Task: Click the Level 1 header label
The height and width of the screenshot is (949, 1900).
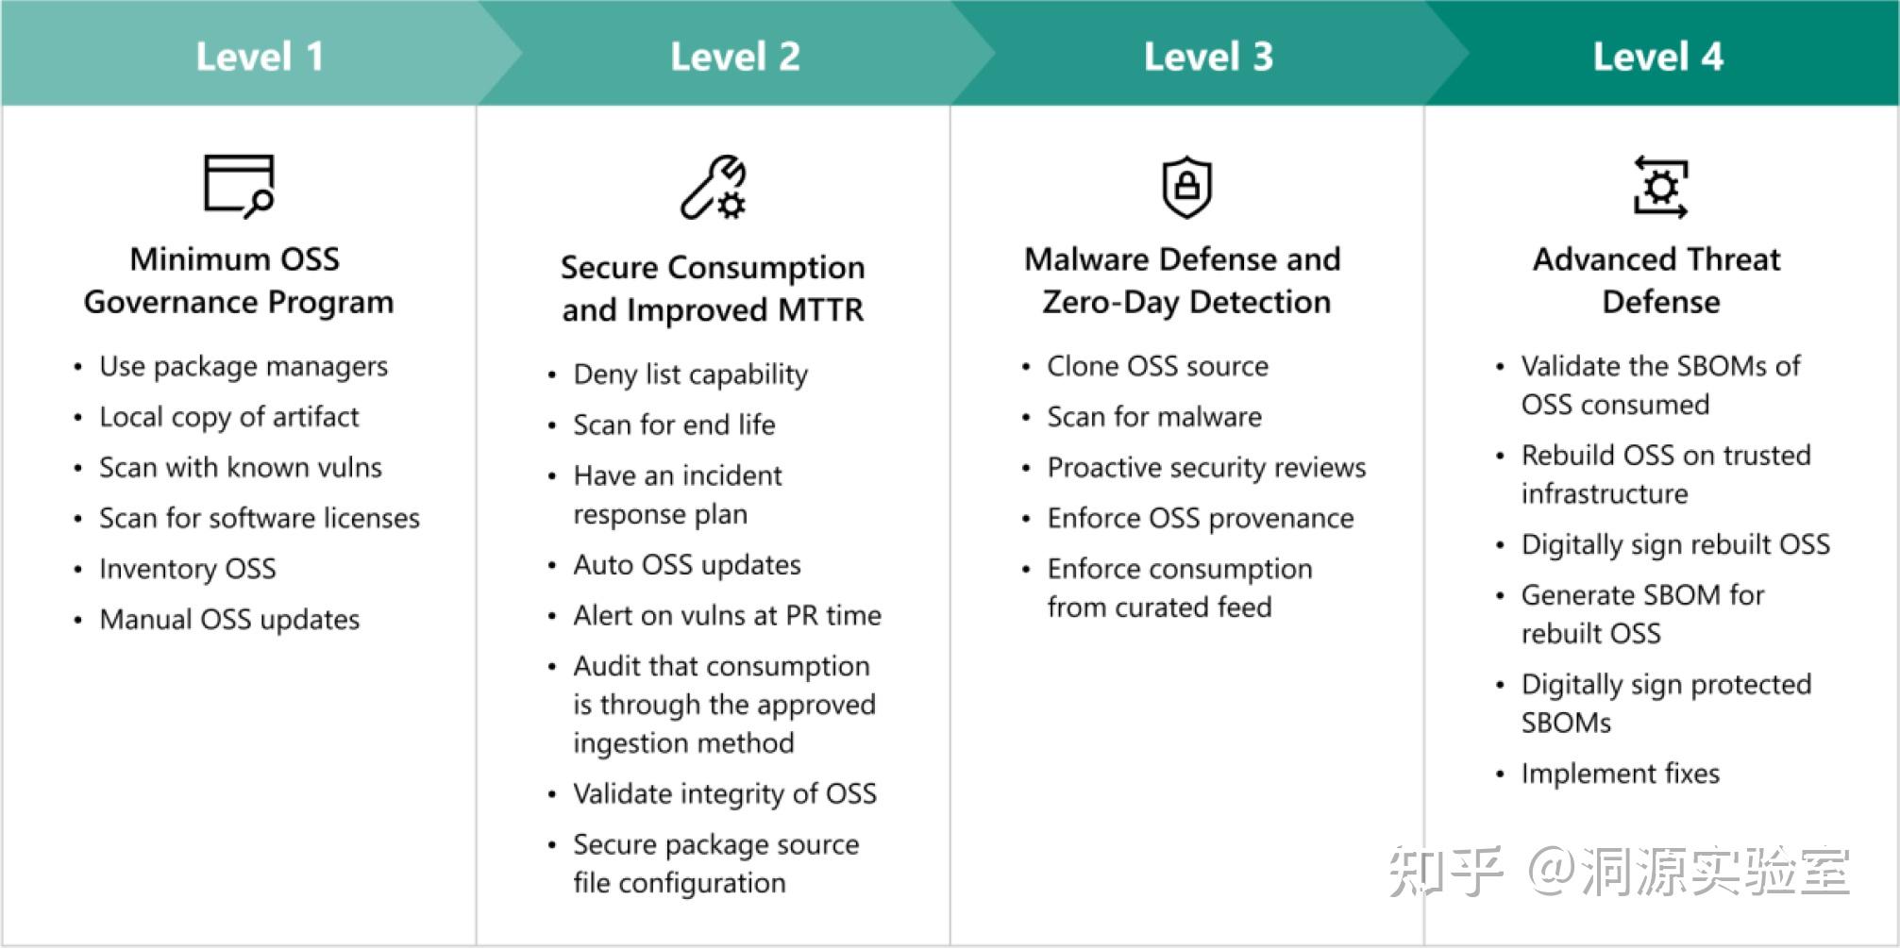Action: pyautogui.click(x=260, y=57)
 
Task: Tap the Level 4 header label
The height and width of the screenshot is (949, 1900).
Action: pyautogui.click(x=1658, y=57)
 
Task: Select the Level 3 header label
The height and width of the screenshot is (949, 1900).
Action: pyautogui.click(x=1208, y=57)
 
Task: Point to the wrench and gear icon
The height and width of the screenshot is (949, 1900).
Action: pyautogui.click(x=714, y=187)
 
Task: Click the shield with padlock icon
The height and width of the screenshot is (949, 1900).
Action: pyautogui.click(x=1186, y=187)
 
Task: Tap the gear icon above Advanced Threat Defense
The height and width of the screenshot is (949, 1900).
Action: pyautogui.click(x=1660, y=187)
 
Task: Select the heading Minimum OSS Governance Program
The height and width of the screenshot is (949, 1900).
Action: pyautogui.click(x=238, y=280)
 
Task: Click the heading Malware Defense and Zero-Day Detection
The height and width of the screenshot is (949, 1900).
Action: pyautogui.click(x=1184, y=280)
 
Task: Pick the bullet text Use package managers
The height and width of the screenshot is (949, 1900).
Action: pyautogui.click(x=244, y=366)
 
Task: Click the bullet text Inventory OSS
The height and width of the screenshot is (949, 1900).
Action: pyautogui.click(x=188, y=569)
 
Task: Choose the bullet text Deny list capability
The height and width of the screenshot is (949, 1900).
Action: pyautogui.click(x=691, y=375)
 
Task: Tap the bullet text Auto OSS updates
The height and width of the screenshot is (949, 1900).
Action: pyautogui.click(x=687, y=565)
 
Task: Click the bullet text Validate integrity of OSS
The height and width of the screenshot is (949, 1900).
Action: pyautogui.click(x=725, y=794)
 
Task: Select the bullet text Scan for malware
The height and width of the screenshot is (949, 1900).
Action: pyautogui.click(x=1154, y=417)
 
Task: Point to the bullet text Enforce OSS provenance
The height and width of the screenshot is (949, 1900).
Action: pyautogui.click(x=1201, y=518)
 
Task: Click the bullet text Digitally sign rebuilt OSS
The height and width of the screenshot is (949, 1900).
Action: pyautogui.click(x=1675, y=544)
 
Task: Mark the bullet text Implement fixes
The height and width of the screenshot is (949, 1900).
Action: pyautogui.click(x=1621, y=774)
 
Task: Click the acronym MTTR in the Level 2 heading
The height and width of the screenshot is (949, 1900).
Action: pyautogui.click(x=819, y=310)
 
